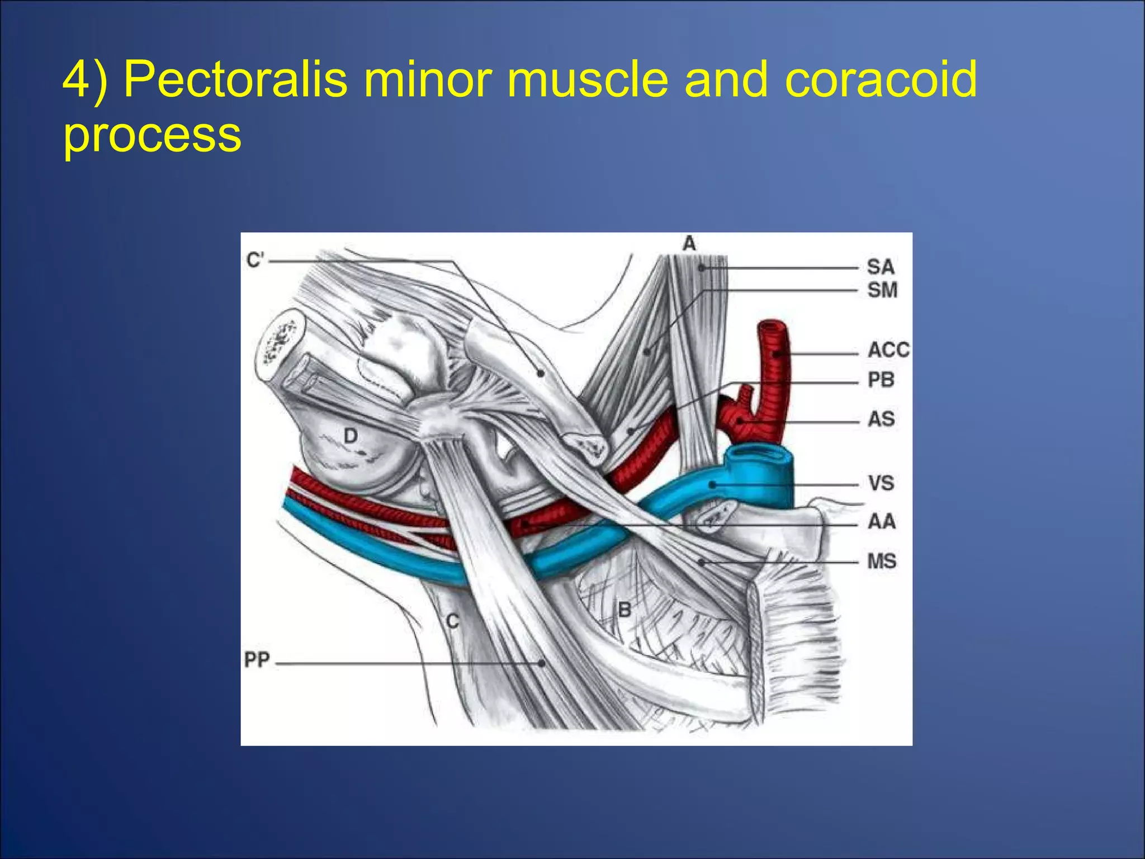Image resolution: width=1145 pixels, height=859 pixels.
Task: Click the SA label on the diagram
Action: [881, 267]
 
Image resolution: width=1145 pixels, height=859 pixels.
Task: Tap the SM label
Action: [882, 290]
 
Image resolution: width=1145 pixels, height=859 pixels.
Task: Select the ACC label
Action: [888, 350]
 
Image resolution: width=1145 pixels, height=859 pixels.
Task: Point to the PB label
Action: [881, 380]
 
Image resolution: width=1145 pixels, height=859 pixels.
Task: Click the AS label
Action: [881, 419]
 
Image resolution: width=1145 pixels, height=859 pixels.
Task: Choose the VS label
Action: [881, 483]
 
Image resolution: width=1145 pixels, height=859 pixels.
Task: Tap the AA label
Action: [881, 522]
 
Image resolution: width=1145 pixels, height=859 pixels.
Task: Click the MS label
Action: [882, 561]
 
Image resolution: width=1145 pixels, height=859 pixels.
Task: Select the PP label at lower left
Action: [257, 660]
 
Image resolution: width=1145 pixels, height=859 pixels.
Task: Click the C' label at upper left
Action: [255, 260]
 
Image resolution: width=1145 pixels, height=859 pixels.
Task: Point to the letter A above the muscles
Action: [689, 244]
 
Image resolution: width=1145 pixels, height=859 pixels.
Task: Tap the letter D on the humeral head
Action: [351, 436]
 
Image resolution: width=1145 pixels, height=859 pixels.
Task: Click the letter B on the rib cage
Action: [624, 610]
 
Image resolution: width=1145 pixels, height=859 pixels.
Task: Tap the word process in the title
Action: [152, 135]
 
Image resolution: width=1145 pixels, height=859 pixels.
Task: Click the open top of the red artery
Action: [772, 325]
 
